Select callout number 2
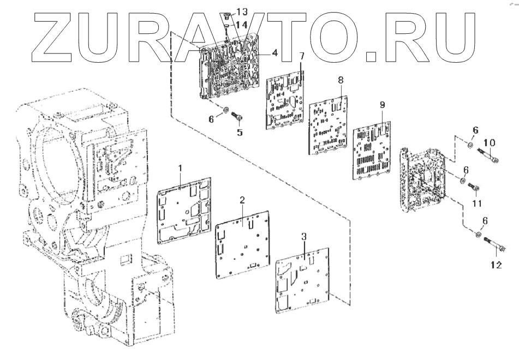(242, 201)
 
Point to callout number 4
(275, 53)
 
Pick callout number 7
(301, 57)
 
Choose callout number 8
(341, 80)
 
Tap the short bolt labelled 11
(474, 188)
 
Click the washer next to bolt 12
(478, 235)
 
